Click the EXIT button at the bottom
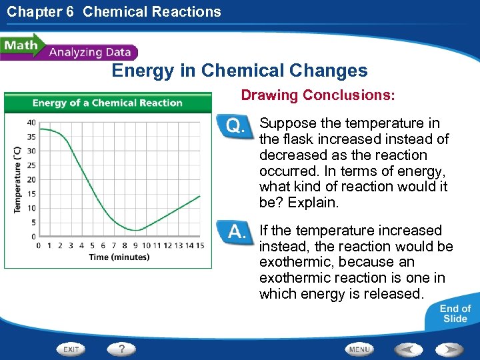click(x=71, y=349)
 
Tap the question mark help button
click(x=122, y=349)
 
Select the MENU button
click(x=359, y=349)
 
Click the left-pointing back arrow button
click(x=409, y=349)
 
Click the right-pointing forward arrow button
click(x=451, y=349)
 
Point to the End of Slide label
click(x=455, y=313)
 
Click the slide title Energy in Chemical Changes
click(x=239, y=71)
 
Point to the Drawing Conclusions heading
click(x=318, y=95)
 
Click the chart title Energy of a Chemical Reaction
click(x=107, y=103)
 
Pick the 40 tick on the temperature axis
click(x=31, y=122)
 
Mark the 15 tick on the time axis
click(x=200, y=245)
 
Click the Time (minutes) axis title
click(x=119, y=257)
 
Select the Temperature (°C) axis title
click(x=17, y=180)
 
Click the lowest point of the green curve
click(x=135, y=230)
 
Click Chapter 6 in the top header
click(x=41, y=11)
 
